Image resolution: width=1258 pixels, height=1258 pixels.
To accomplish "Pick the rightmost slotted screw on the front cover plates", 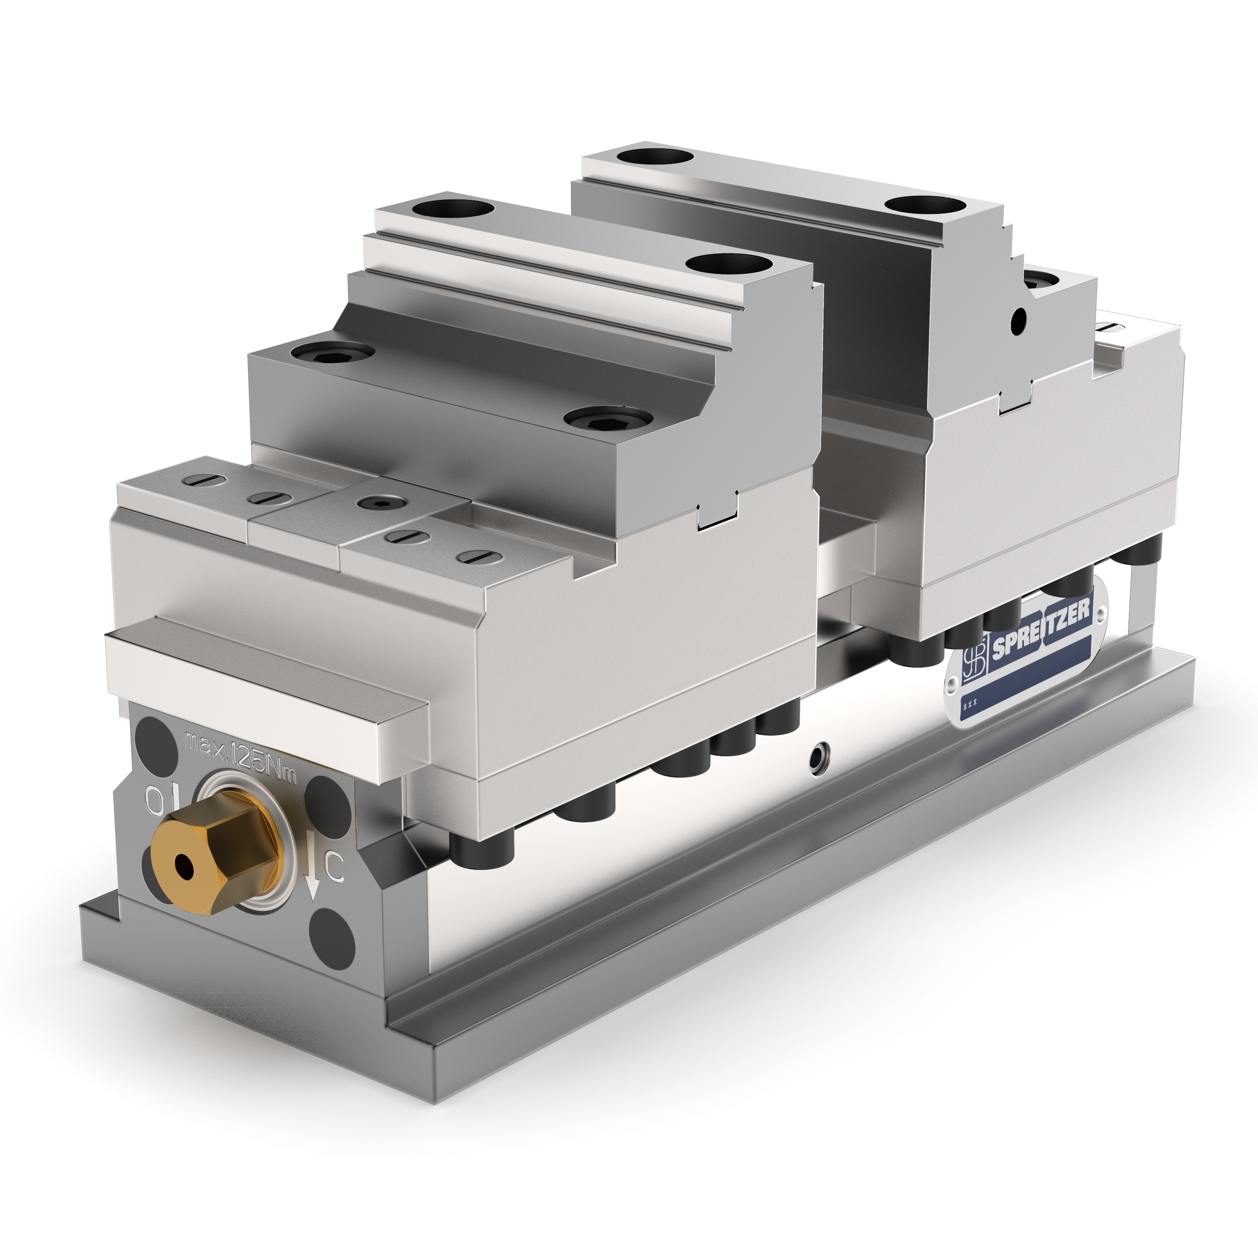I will [474, 557].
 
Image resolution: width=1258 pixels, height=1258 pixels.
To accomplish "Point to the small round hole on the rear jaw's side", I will [1018, 319].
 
